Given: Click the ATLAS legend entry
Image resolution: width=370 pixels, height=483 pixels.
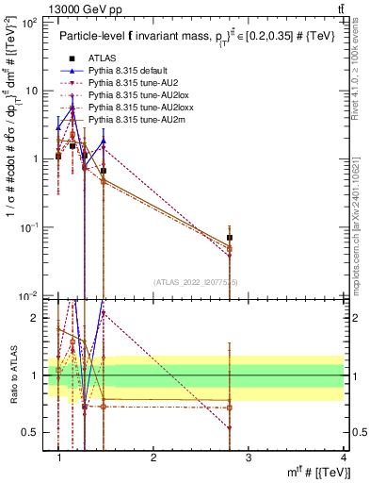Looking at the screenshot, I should point(100,58).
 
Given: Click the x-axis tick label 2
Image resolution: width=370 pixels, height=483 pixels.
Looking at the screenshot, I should point(153,458).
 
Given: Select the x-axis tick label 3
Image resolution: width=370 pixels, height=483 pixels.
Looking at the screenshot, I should point(249,458).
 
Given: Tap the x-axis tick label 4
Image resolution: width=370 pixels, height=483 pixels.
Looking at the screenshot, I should point(343,458).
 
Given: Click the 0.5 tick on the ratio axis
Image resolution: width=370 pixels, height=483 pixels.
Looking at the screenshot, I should point(33,433).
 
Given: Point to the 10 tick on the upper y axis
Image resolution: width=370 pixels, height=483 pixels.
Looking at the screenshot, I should point(31,91).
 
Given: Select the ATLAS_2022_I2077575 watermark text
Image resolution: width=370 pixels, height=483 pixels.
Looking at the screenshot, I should point(195,281).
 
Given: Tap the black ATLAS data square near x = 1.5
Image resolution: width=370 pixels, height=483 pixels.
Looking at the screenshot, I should point(104,171).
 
